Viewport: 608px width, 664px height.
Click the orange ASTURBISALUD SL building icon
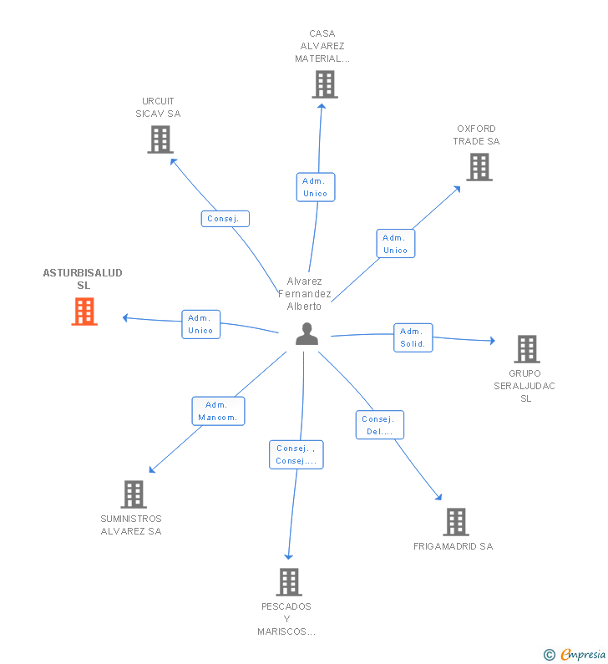pos(84,312)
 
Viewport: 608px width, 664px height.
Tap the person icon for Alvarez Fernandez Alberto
pos(307,334)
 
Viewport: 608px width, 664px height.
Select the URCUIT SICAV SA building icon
pos(160,139)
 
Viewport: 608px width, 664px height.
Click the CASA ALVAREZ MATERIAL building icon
pos(325,84)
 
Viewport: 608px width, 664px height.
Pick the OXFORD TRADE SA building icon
pos(479,167)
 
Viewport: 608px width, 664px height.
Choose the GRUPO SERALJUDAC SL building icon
pos(526,349)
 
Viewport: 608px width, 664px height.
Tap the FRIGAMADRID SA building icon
pos(455,522)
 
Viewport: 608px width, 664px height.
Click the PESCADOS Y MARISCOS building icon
pos(288,581)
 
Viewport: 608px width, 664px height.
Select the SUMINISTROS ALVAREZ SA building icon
pos(134,494)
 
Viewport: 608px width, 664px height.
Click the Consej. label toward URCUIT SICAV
pos(225,219)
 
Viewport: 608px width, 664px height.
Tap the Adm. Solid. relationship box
pos(413,337)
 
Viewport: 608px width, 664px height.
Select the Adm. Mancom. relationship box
pos(218,411)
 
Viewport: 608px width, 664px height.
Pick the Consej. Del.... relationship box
pos(380,425)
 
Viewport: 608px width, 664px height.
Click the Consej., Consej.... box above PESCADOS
pos(296,454)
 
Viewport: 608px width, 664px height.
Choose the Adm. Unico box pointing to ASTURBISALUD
pos(200,324)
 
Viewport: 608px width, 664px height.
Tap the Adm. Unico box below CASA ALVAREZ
pos(316,187)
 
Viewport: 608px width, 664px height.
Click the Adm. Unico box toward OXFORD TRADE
pos(395,244)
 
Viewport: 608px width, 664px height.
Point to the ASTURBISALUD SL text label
pos(83,279)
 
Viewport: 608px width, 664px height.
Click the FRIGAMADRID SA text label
pos(453,546)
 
